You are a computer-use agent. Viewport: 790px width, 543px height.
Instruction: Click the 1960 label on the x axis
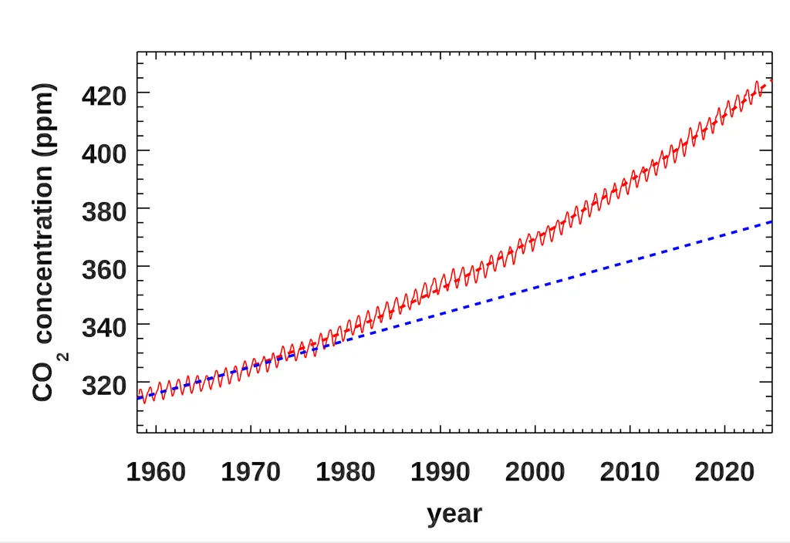pyautogui.click(x=156, y=471)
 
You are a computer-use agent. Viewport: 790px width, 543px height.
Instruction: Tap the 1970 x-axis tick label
pyautogui.click(x=251, y=471)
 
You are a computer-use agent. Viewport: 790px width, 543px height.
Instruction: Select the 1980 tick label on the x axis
pyautogui.click(x=346, y=471)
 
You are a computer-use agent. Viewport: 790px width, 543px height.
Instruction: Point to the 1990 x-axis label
pyautogui.click(x=440, y=471)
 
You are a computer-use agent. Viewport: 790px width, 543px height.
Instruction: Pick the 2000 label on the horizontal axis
pyautogui.click(x=535, y=471)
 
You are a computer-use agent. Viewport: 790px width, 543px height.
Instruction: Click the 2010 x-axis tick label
pyautogui.click(x=630, y=471)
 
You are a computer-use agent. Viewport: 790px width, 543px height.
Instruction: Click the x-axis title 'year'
pyautogui.click(x=454, y=513)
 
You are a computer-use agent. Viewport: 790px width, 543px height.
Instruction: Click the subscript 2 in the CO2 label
pyautogui.click(x=64, y=356)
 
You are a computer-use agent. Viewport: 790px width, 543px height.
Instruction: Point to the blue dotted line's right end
pyautogui.click(x=771, y=222)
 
